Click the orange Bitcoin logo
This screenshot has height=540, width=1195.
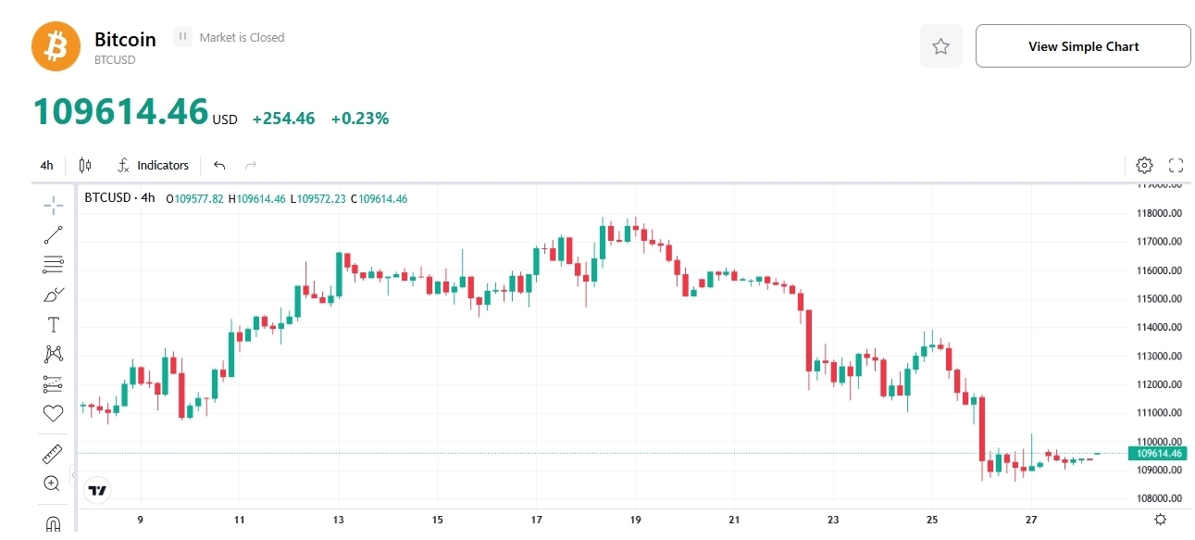pos(56,46)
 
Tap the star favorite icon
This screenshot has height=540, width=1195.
pos(940,46)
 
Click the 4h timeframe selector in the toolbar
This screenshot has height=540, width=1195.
pos(46,166)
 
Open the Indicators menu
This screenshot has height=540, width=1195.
pos(154,166)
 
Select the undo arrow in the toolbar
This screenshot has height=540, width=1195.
pos(219,166)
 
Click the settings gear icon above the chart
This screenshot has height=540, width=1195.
pos(1144,166)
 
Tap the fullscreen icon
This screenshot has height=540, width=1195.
pos(1176,166)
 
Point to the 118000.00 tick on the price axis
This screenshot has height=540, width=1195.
pos(1160,213)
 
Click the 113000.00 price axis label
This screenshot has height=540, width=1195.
pos(1160,356)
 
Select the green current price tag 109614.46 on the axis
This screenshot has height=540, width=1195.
pos(1156,453)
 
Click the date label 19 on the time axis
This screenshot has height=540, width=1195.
pos(636,520)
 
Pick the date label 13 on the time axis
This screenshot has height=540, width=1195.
pos(339,520)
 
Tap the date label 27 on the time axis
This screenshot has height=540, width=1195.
pos(1031,520)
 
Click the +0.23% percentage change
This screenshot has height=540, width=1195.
pos(360,119)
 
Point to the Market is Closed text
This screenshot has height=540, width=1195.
pos(242,38)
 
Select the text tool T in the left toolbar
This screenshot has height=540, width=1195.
pos(53,324)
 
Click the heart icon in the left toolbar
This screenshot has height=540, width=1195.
pos(53,413)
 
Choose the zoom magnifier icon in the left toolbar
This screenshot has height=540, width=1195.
pos(52,483)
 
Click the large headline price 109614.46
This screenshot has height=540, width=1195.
pos(121,112)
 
